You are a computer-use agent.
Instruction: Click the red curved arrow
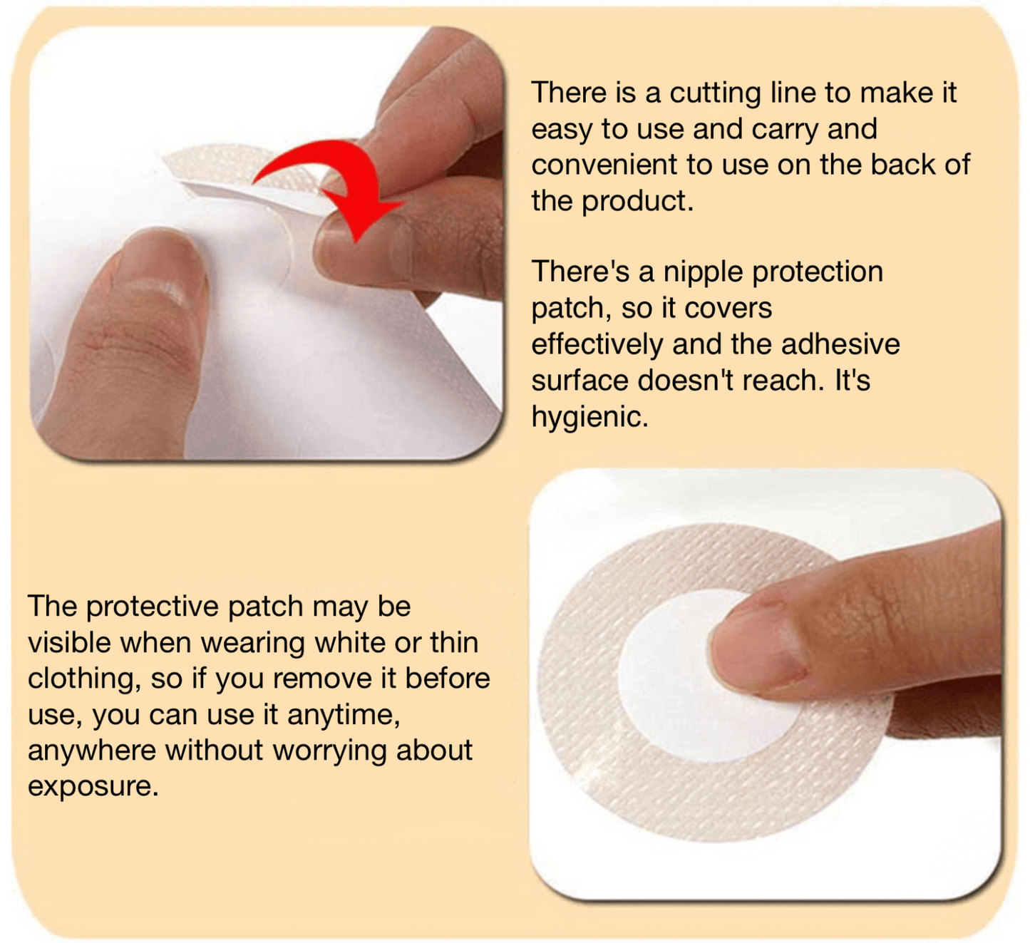coord(335,178)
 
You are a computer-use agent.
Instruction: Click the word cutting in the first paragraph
coord(716,93)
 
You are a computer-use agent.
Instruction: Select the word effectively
coord(597,345)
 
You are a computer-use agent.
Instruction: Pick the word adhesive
coord(840,345)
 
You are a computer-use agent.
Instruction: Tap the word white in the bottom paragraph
coord(349,643)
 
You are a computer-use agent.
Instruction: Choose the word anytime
coord(344,715)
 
